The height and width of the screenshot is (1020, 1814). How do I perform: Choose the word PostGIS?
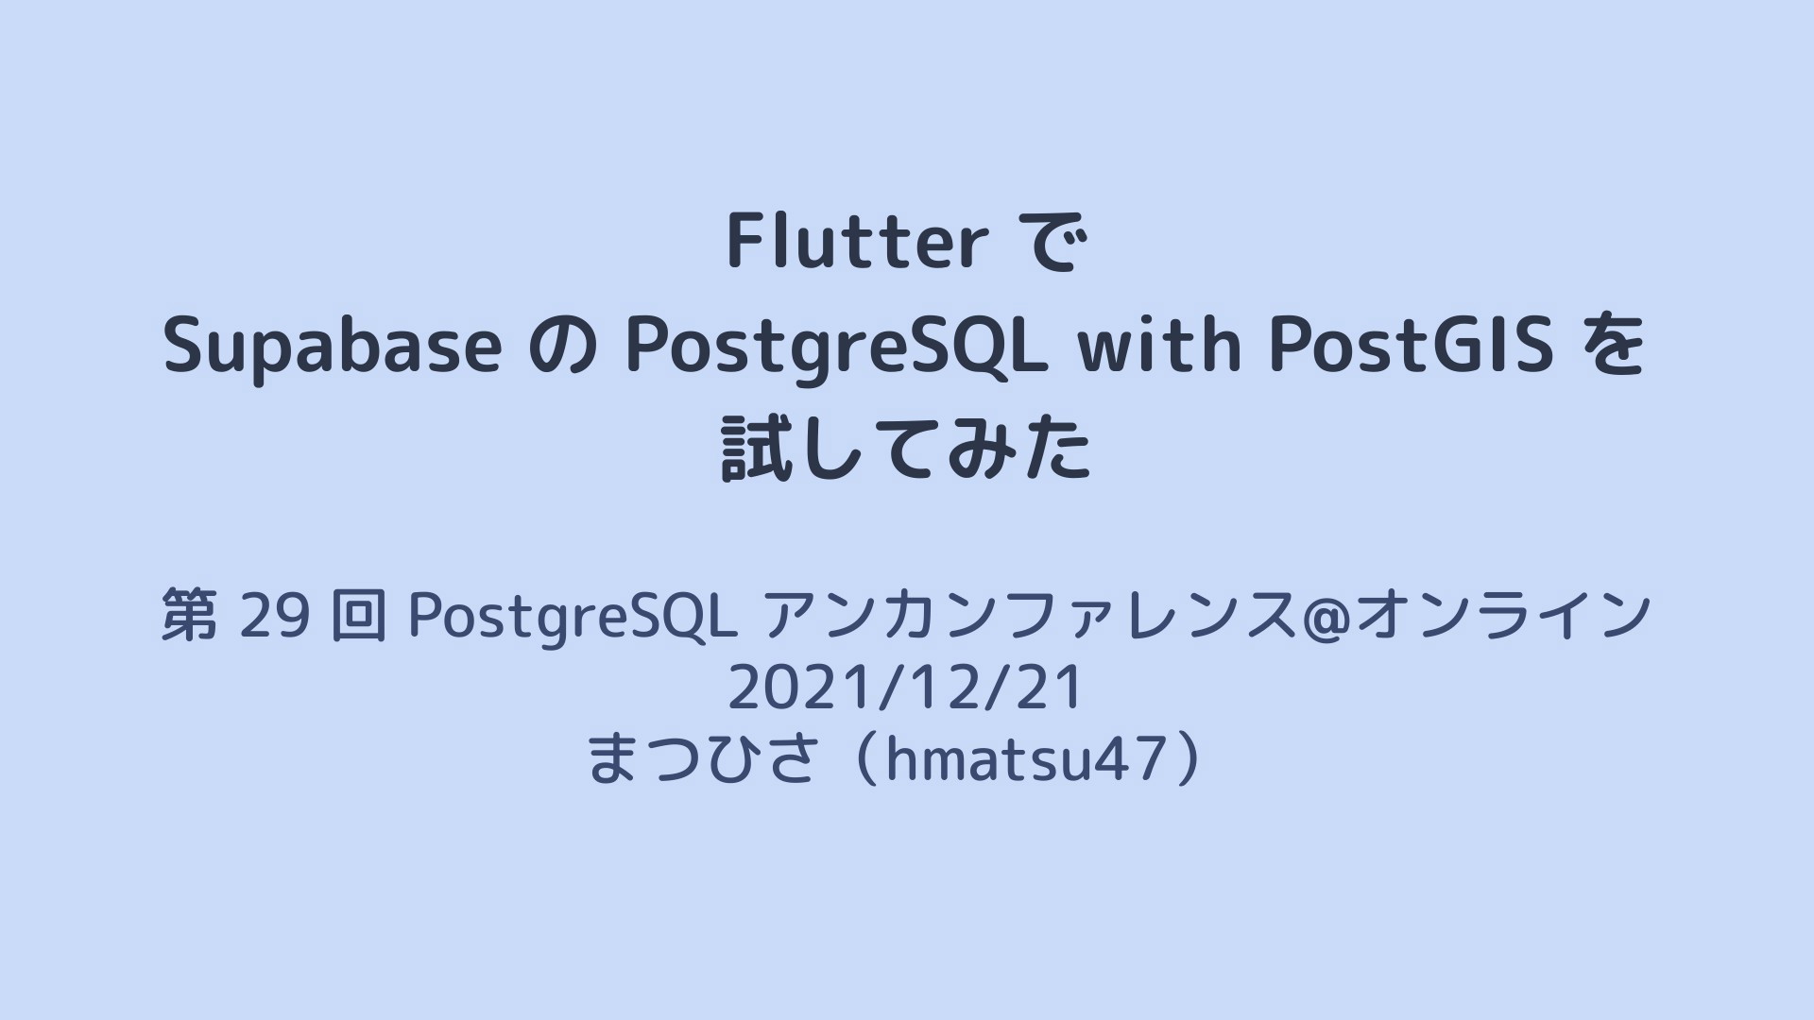pos(1412,345)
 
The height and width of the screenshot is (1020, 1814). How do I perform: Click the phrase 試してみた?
pos(906,450)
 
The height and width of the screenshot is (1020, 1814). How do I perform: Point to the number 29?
pos(275,615)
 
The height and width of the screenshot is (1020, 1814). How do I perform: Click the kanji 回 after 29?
pos(359,615)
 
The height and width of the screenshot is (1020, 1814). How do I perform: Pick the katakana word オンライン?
pos(1505,615)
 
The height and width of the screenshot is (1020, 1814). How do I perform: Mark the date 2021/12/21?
pos(905,688)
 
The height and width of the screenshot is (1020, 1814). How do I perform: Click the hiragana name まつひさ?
pos(701,758)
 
